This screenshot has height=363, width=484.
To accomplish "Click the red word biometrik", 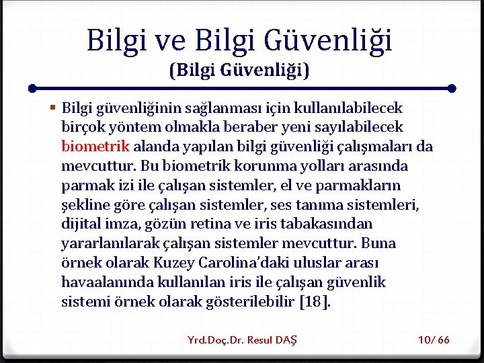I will [95, 146].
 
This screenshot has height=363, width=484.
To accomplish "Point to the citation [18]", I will [314, 302].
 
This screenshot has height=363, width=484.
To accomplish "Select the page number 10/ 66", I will [434, 339].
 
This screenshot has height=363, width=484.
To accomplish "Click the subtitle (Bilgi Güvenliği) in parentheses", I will [239, 69].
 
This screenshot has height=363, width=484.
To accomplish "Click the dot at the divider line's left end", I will [32, 88].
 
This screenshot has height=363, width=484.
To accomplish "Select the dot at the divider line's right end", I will [452, 88].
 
